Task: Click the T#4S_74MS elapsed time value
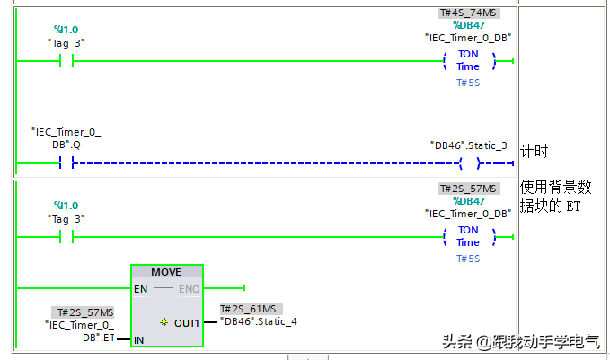pos(468,13)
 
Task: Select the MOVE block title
pos(166,272)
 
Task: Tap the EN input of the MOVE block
pos(140,289)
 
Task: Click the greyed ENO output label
pos(190,289)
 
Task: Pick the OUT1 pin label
pos(187,321)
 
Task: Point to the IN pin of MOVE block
pos(138,340)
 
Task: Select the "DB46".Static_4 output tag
pos(258,321)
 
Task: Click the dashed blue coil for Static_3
pos(468,163)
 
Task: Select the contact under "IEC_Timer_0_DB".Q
pos(66,163)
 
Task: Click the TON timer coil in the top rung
pos(468,61)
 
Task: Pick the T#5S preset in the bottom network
pos(468,259)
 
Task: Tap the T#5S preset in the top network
pos(468,83)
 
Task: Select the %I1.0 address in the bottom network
pos(66,206)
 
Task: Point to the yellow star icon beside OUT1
pos(164,321)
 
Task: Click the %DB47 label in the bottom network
pos(468,201)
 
